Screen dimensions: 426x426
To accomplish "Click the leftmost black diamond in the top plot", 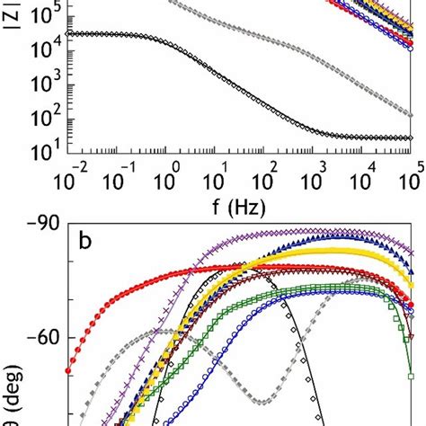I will [x=70, y=33].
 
